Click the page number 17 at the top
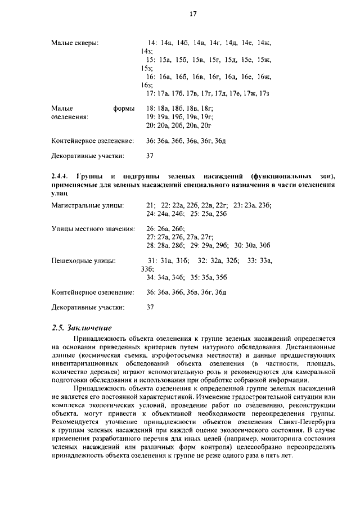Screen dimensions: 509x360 (x=192, y=15)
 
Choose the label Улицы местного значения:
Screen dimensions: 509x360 (x=93, y=229)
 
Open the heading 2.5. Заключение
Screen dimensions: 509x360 (x=82, y=328)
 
